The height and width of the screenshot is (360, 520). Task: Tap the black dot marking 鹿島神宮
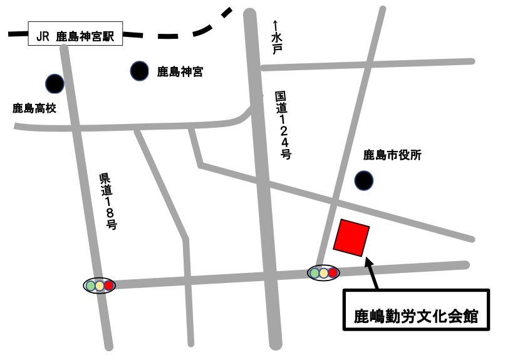[x=140, y=71]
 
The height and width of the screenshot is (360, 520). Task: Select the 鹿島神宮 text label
[x=180, y=72]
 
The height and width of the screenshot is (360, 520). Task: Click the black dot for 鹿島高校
[x=55, y=83]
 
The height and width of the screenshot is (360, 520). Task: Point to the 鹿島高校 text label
[x=34, y=109]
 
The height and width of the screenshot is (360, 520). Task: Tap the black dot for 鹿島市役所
[x=363, y=181]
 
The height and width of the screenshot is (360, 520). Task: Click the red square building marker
[x=351, y=237]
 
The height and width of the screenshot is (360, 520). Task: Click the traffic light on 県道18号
[x=100, y=285]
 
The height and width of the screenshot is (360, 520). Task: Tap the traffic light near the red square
[x=323, y=272]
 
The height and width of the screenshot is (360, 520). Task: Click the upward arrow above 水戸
[x=275, y=25]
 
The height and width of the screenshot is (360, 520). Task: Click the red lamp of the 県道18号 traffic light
[x=109, y=285]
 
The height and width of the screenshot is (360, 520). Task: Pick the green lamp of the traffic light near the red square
[x=315, y=272]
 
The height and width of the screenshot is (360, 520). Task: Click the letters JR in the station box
[x=43, y=35]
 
